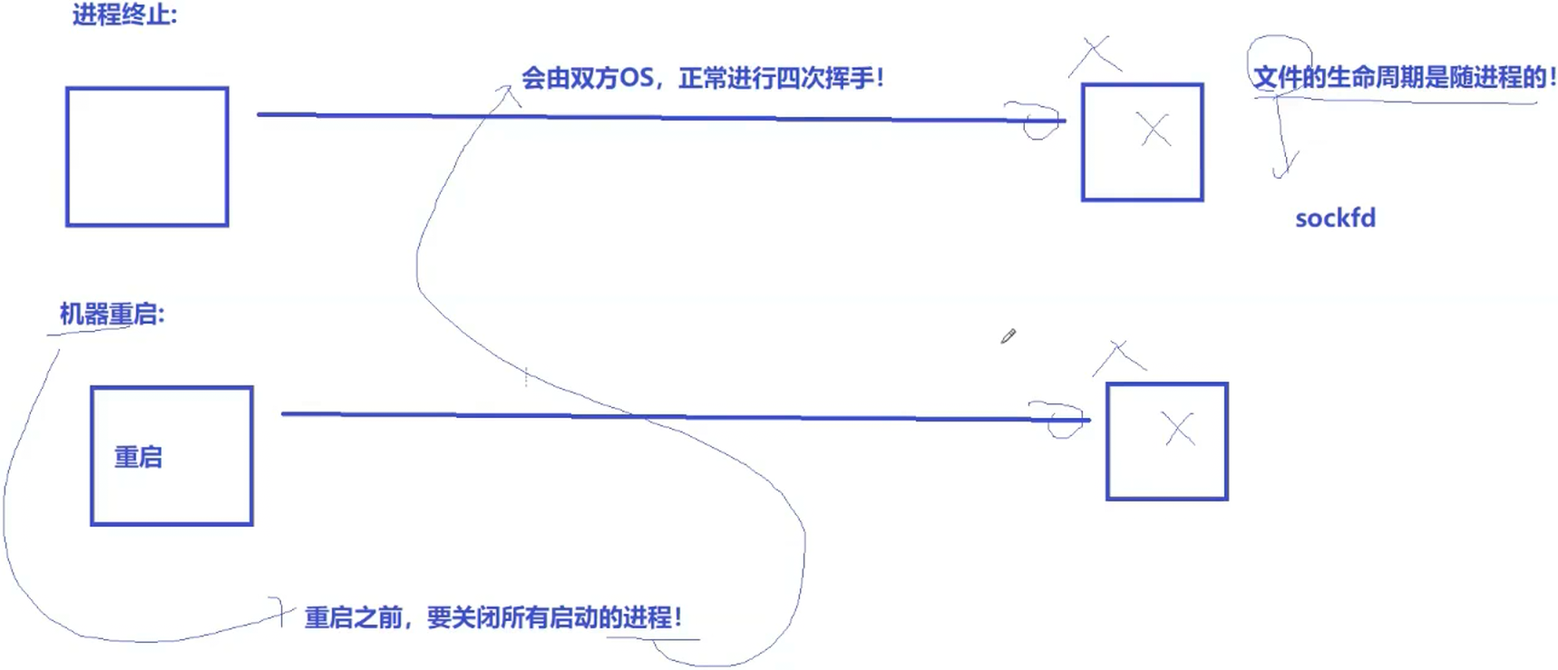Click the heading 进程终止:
coord(124,15)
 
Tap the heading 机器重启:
coord(112,315)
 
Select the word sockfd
coord(1335,218)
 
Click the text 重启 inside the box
coord(138,457)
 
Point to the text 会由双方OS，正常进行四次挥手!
coord(702,78)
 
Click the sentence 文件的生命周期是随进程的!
coord(1404,78)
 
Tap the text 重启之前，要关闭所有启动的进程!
coord(492,618)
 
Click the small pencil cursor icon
coord(1008,336)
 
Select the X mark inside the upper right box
coord(1154,131)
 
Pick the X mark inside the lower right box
coord(1179,429)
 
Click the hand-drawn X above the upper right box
coord(1095,54)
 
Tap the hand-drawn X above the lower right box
coord(1119,356)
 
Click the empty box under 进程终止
coord(147,157)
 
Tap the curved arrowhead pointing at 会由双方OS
coord(509,91)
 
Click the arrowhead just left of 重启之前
coord(283,612)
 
